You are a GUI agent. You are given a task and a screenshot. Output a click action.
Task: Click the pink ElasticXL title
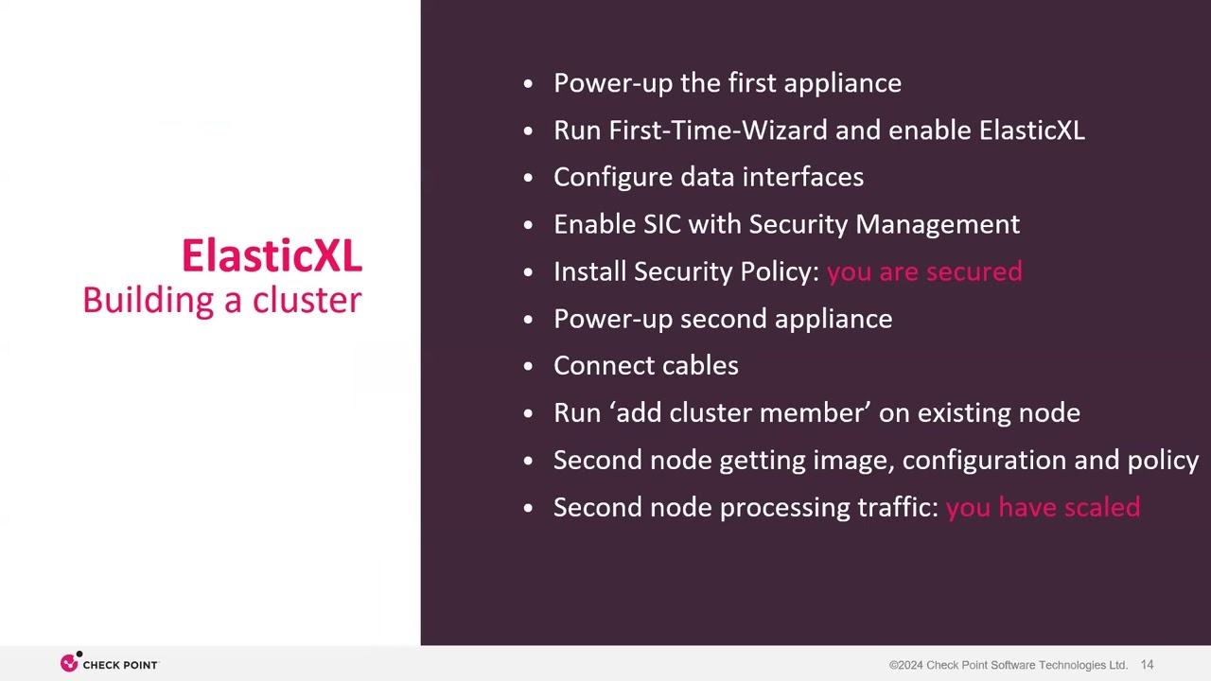(272, 255)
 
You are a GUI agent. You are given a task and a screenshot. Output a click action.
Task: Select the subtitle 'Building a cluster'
(222, 301)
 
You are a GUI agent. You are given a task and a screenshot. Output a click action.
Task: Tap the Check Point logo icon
(70, 661)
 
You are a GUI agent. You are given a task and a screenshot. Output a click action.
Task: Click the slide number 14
(1148, 665)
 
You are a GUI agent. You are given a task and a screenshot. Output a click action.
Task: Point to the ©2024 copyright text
(1009, 665)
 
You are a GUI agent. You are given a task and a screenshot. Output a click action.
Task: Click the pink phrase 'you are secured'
(924, 271)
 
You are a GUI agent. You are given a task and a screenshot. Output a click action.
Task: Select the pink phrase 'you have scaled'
(1043, 508)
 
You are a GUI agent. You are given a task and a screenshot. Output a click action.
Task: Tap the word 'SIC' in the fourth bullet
(662, 224)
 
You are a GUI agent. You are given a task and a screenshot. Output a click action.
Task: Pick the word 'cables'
(700, 366)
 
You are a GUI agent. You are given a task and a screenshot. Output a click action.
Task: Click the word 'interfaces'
(803, 177)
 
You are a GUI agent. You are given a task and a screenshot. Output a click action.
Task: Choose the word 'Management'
(938, 225)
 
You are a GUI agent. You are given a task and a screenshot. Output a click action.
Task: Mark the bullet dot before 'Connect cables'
(528, 367)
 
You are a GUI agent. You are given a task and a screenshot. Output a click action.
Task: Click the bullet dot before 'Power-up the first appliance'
(528, 84)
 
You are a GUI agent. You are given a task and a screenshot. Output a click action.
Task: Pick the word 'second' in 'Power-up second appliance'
(724, 319)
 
